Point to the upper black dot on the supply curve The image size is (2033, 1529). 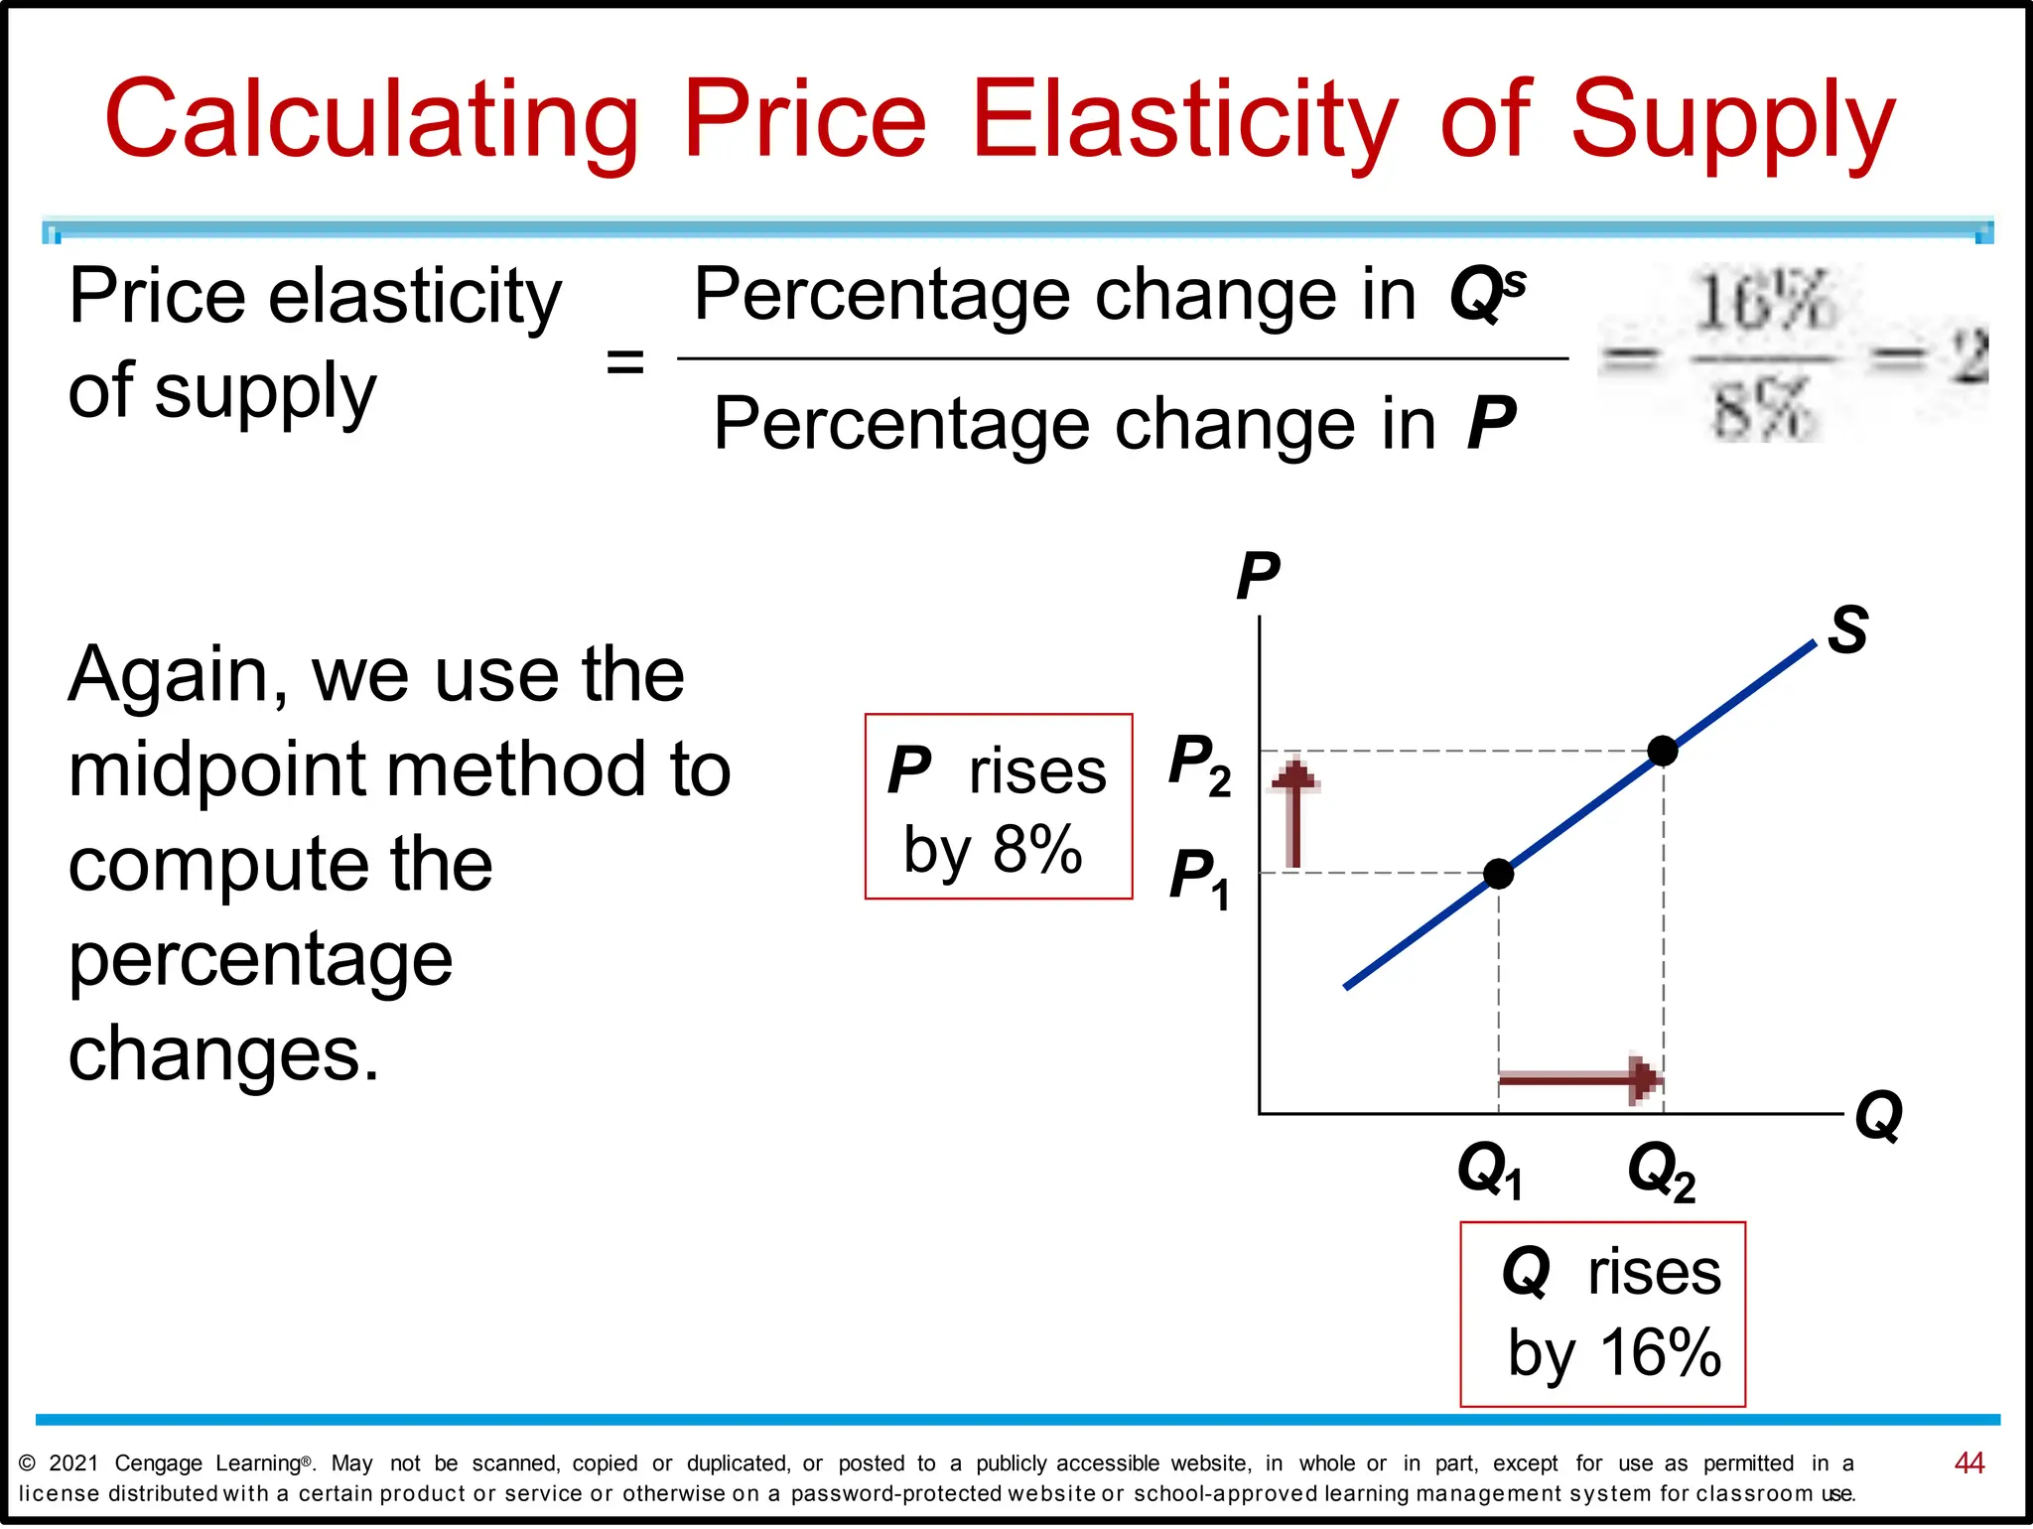tap(1663, 751)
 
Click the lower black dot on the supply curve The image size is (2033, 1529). tap(1498, 874)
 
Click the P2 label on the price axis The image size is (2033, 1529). tap(1198, 764)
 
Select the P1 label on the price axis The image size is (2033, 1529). tap(1198, 878)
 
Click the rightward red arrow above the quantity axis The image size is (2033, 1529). tap(1578, 1078)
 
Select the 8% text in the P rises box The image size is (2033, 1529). tap(1036, 850)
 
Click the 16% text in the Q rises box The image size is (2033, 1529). tap(1660, 1352)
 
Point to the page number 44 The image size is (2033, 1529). tap(1968, 1462)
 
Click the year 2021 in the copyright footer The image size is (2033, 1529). tap(73, 1463)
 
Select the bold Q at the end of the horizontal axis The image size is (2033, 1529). tap(1878, 1116)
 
